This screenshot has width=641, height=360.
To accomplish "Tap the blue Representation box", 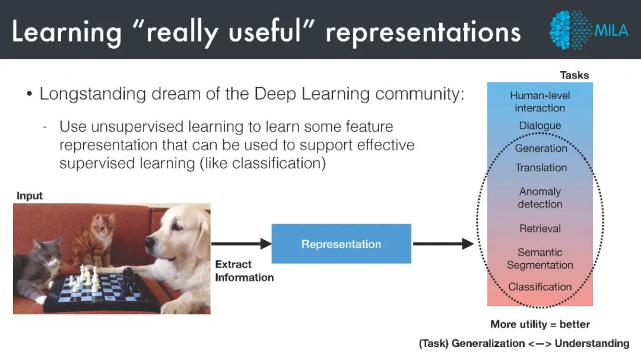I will click(x=341, y=244).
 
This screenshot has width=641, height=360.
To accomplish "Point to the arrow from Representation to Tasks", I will click(x=443, y=244).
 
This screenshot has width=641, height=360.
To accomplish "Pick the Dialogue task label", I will click(x=540, y=126).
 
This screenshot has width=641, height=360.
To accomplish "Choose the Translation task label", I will click(x=541, y=168).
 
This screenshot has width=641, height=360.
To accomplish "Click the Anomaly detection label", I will click(x=540, y=198).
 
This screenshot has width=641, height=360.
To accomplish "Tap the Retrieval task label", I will click(x=540, y=228).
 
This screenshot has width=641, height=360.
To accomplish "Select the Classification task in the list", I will click(x=540, y=287).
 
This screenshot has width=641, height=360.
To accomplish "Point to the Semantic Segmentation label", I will click(x=540, y=259).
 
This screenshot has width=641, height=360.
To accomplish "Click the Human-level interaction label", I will click(x=540, y=101).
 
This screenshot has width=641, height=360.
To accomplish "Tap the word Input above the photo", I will click(x=30, y=196).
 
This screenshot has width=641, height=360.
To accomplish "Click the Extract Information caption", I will click(x=244, y=270).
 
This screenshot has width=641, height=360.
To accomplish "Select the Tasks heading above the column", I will click(x=575, y=75).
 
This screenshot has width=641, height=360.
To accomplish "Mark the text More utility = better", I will click(x=540, y=324).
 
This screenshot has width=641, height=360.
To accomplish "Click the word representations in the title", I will click(x=423, y=33).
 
